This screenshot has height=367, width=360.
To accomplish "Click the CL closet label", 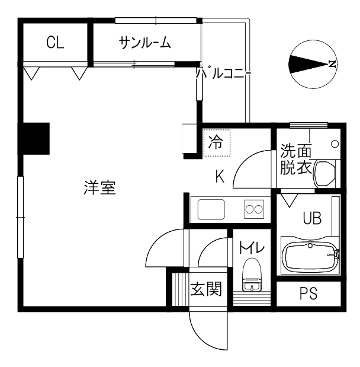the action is click(x=55, y=42).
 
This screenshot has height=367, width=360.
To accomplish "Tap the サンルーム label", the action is click(x=144, y=43).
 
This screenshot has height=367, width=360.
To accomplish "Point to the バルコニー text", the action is click(x=223, y=74).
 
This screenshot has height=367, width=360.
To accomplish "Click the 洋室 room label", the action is click(x=100, y=187).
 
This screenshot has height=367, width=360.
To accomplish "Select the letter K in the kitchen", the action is click(x=220, y=176).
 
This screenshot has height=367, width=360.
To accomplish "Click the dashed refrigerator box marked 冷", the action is click(x=217, y=143).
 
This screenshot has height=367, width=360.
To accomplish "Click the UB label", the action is click(x=312, y=218).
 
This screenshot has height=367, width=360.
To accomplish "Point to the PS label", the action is click(x=308, y=293).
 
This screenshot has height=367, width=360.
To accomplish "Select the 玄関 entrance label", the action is click(x=205, y=289).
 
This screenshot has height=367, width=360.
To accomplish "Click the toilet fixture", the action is click(x=252, y=275).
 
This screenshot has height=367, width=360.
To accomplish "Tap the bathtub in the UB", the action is click(x=310, y=256).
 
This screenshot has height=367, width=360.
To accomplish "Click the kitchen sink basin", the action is click(x=211, y=209).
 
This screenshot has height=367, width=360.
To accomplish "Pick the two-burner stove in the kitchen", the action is click(x=254, y=209).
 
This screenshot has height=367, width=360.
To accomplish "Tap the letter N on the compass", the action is click(x=332, y=63).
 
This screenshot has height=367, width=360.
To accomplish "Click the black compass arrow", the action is click(x=308, y=64).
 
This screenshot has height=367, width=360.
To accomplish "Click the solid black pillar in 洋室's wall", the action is click(x=34, y=139).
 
